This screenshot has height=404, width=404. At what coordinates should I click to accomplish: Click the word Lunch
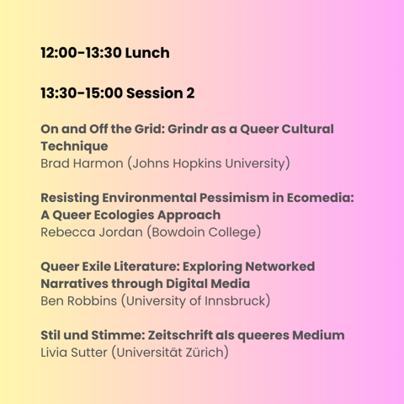pyautogui.click(x=147, y=53)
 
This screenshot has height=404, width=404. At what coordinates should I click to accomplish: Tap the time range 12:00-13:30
pyautogui.click(x=82, y=53)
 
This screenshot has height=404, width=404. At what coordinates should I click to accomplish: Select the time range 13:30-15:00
pyautogui.click(x=82, y=93)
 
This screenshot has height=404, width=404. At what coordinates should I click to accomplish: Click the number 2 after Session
pyautogui.click(x=190, y=93)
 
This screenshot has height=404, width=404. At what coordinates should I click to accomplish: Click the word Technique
pyautogui.click(x=74, y=146)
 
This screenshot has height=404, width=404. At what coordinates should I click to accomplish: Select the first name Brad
pyautogui.click(x=55, y=163)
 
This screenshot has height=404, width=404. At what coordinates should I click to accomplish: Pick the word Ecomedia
pyautogui.click(x=319, y=198)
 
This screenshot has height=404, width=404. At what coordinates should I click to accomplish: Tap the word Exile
pyautogui.click(x=96, y=267)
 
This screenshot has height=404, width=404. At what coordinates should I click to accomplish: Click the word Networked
pyautogui.click(x=280, y=267)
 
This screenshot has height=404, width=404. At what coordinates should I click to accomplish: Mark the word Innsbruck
pyautogui.click(x=235, y=300)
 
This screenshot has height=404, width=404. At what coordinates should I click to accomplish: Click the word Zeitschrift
pyautogui.click(x=180, y=335)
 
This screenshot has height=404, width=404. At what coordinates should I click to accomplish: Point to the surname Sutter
pyautogui.click(x=89, y=353)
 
